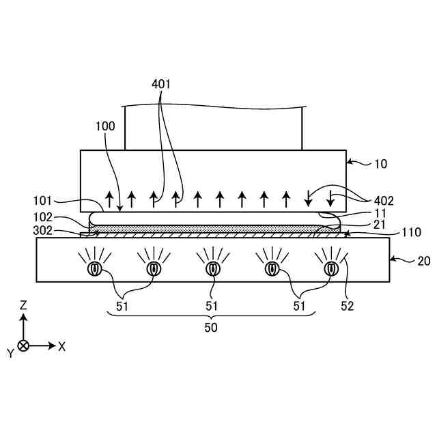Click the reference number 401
point(161,85)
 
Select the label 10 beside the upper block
point(381,164)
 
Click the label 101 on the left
point(43,201)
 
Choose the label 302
point(43,231)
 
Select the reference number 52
point(348,307)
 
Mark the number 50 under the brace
point(212,327)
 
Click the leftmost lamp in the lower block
point(94,269)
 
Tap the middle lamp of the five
point(212,269)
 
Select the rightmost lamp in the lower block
point(330,269)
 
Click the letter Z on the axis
point(23,305)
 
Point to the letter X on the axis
point(61,346)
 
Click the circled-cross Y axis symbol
point(23,346)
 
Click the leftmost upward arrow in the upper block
point(109,199)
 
